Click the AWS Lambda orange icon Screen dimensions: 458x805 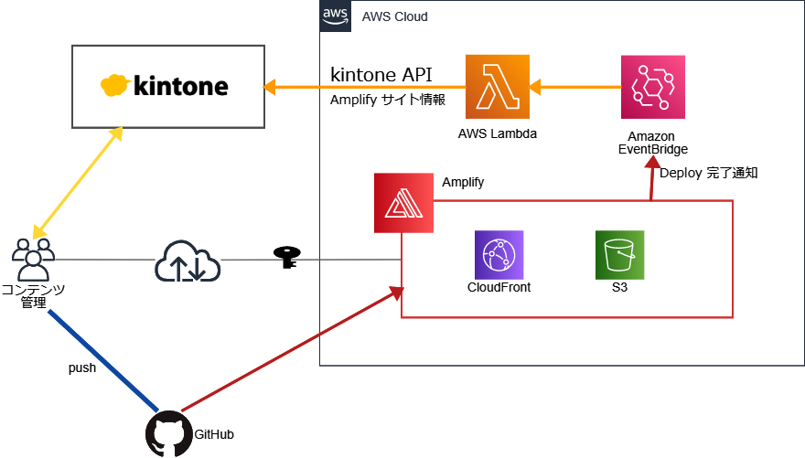[498, 87]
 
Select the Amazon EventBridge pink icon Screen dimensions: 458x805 [652, 87]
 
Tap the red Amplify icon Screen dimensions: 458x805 [403, 203]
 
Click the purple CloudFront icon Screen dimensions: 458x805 [499, 255]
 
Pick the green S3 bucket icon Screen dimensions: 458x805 [620, 255]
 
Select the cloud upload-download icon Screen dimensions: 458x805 [188, 262]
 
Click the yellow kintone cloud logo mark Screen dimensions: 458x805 [115, 86]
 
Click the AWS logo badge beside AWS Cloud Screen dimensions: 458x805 [335, 16]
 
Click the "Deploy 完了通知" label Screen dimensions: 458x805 [709, 171]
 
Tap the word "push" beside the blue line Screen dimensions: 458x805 [82, 367]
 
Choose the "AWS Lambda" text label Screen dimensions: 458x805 [497, 133]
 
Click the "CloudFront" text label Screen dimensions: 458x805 [499, 287]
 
